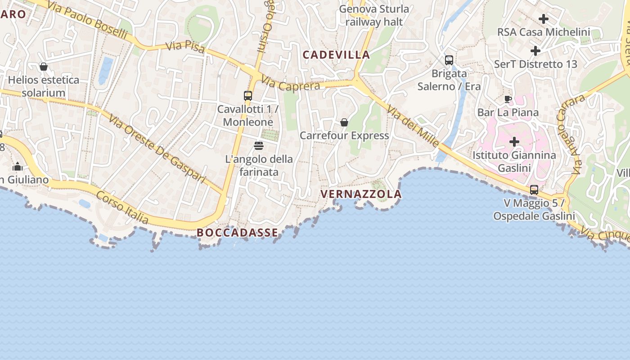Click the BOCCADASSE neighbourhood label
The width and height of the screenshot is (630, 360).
pyautogui.click(x=237, y=233)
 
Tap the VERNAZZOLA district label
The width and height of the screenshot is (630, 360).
pyautogui.click(x=361, y=194)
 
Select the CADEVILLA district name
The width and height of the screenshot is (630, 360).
pyautogui.click(x=336, y=55)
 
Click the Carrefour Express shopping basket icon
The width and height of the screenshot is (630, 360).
pyautogui.click(x=344, y=122)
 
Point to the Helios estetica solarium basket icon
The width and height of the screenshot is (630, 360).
pyautogui.click(x=44, y=67)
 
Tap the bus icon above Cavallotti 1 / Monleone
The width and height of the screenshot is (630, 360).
pyautogui.click(x=248, y=96)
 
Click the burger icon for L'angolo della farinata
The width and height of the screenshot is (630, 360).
pyautogui.click(x=259, y=146)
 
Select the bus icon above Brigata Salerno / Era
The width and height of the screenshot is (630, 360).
pyautogui.click(x=449, y=60)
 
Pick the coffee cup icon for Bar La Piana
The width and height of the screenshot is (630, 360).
pyautogui.click(x=508, y=99)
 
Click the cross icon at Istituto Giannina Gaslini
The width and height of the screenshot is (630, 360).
pyautogui.click(x=514, y=142)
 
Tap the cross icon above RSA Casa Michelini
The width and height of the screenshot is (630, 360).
pyautogui.click(x=544, y=19)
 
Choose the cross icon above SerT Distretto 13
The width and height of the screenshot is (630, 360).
pyautogui.click(x=535, y=51)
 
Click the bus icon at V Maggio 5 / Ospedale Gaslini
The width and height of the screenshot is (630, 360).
pyautogui.click(x=534, y=190)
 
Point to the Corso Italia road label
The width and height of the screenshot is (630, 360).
pyautogui.click(x=122, y=206)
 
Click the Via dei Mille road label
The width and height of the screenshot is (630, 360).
pyautogui.click(x=413, y=127)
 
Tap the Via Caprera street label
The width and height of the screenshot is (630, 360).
pyautogui.click(x=291, y=85)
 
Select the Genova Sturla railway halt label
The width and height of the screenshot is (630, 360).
pyautogui.click(x=374, y=15)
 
